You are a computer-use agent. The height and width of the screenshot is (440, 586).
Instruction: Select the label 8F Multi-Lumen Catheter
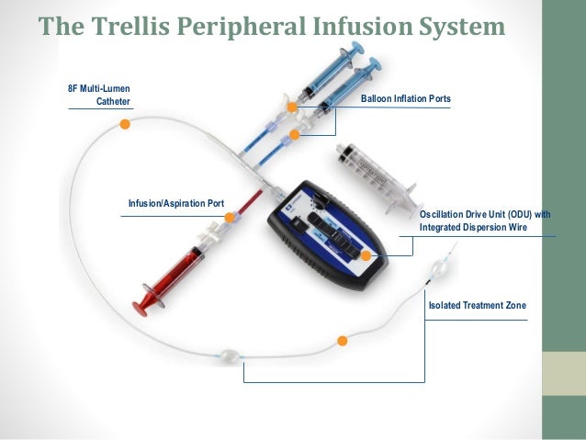coord(100,95)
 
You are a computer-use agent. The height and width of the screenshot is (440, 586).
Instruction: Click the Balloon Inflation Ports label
coord(406,98)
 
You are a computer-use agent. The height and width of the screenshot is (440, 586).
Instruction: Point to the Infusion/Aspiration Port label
coord(176,202)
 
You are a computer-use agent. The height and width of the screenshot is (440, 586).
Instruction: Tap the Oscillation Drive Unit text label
coord(485,220)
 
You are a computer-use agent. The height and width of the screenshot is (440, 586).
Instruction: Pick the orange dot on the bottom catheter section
coord(343,341)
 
